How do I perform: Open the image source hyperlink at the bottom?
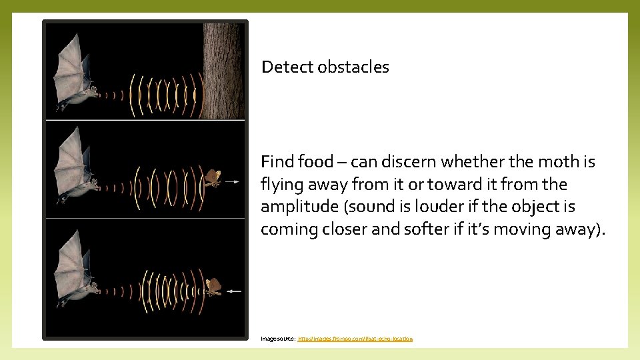click(x=355, y=339)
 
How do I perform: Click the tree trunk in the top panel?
click(x=224, y=70)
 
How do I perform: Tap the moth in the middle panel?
click(x=212, y=178)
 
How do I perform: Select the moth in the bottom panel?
click(x=213, y=286)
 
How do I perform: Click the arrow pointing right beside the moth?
click(x=231, y=181)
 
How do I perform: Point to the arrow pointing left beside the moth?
click(x=233, y=291)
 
